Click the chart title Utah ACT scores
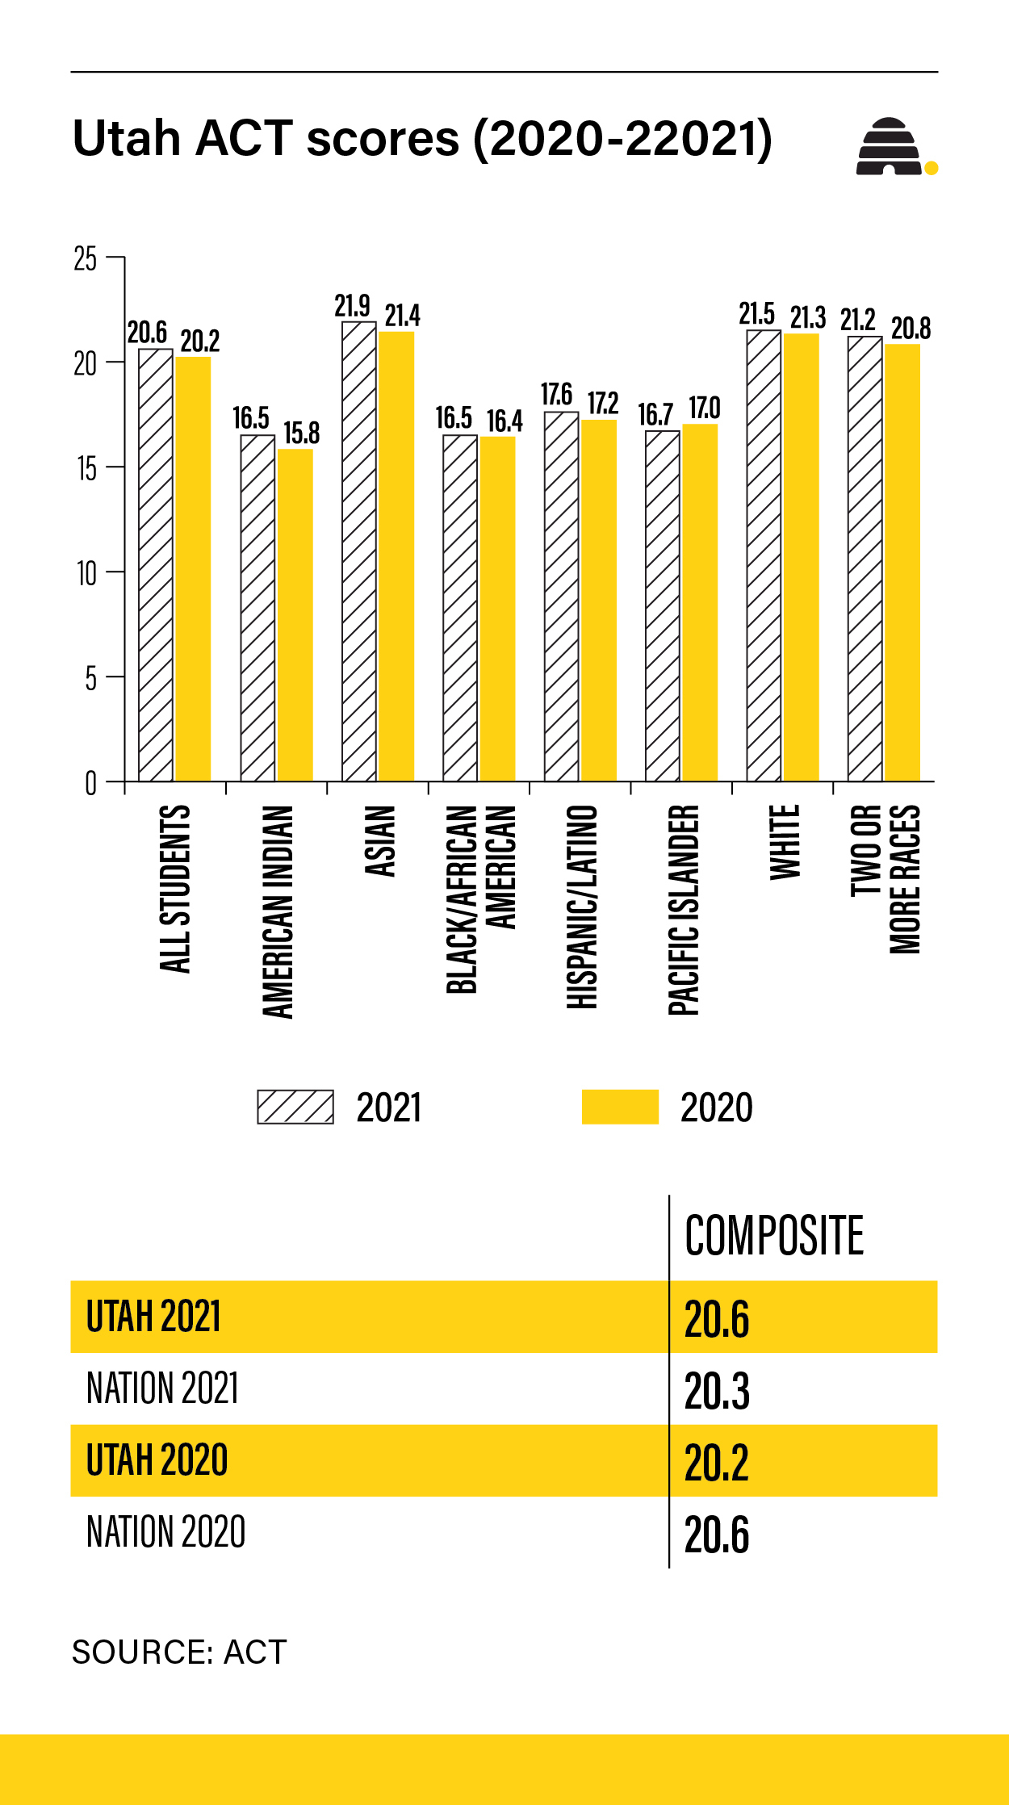pyautogui.click(x=422, y=139)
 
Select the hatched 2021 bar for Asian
pyautogui.click(x=359, y=551)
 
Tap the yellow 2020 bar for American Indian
pyautogui.click(x=295, y=615)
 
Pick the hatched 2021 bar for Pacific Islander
pyautogui.click(x=663, y=606)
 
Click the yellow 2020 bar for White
pyautogui.click(x=802, y=557)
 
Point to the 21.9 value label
pyautogui.click(x=353, y=306)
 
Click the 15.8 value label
pyautogui.click(x=302, y=433)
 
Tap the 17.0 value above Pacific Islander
pyautogui.click(x=704, y=408)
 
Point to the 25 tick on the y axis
pyautogui.click(x=86, y=259)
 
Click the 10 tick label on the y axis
pyautogui.click(x=86, y=574)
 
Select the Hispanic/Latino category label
pyautogui.click(x=582, y=907)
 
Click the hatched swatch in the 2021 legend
pyautogui.click(x=295, y=1107)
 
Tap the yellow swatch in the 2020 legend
pyautogui.click(x=620, y=1107)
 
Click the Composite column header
pyautogui.click(x=774, y=1235)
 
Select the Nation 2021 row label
pyautogui.click(x=163, y=1389)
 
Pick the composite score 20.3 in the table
pyautogui.click(x=717, y=1391)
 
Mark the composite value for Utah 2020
pyautogui.click(x=717, y=1462)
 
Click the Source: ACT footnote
pyautogui.click(x=179, y=1652)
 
